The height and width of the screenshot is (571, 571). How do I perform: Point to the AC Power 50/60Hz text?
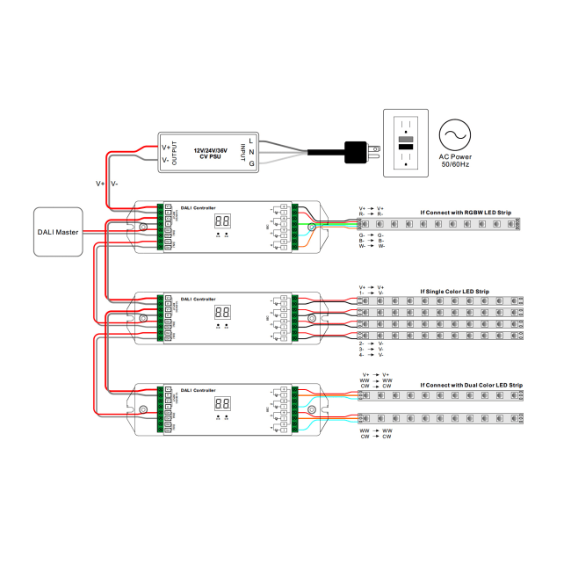pyautogui.click(x=456, y=161)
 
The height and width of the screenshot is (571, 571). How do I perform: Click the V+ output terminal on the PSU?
pyautogui.click(x=166, y=147)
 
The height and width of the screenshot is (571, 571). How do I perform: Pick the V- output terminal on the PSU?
pyautogui.click(x=166, y=160)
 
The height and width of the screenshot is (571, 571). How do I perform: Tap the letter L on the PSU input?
pyautogui.click(x=251, y=141)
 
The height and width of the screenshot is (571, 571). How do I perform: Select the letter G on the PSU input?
pyautogui.click(x=251, y=164)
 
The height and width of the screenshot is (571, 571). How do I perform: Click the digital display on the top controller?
pyautogui.click(x=222, y=222)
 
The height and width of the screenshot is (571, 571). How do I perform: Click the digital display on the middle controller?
pyautogui.click(x=222, y=313)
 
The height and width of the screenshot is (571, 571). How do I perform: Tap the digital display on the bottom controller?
pyautogui.click(x=222, y=403)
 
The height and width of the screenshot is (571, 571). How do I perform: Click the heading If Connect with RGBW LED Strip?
pyautogui.click(x=465, y=212)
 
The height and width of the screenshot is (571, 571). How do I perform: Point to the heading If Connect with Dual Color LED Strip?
pyautogui.click(x=471, y=385)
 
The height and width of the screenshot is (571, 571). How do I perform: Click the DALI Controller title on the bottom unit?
pyautogui.click(x=198, y=389)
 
